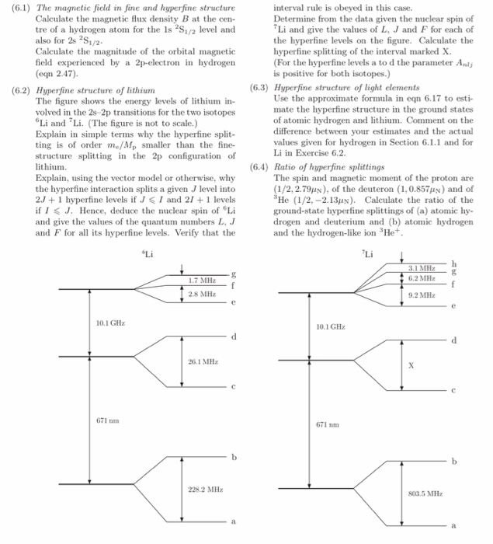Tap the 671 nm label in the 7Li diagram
point(325,424)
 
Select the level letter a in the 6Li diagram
point(231,521)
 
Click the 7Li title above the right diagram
point(366,253)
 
